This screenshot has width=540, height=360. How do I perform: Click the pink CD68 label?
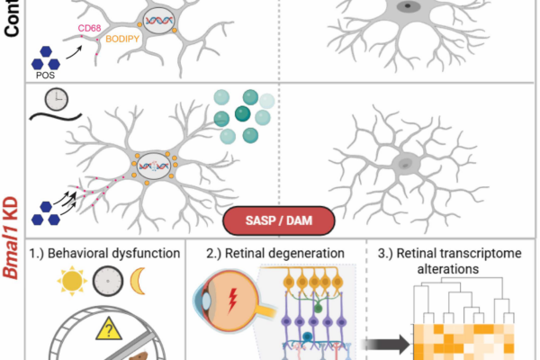[89, 28]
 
